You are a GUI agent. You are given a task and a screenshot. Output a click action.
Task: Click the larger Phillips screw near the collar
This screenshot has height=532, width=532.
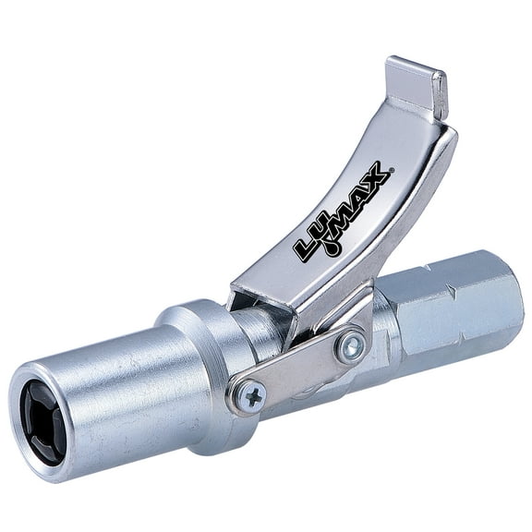click(250, 395)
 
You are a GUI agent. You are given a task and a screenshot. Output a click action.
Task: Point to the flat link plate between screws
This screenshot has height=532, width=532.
click(300, 369)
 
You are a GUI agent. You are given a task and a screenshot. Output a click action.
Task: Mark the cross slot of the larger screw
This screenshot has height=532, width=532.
click(250, 395)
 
